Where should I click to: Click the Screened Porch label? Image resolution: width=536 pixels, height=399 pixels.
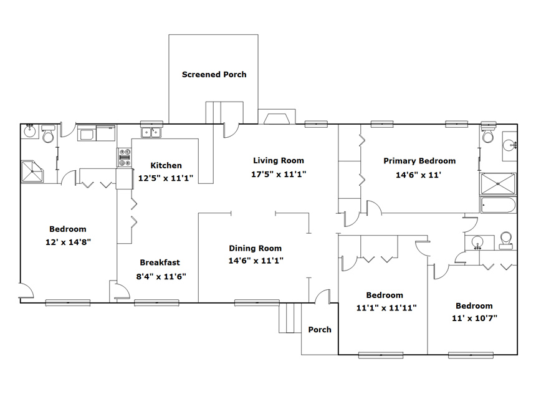(x=214, y=75)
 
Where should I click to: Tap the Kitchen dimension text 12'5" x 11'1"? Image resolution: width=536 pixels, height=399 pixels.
(x=166, y=178)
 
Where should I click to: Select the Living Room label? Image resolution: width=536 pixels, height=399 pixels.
(x=279, y=160)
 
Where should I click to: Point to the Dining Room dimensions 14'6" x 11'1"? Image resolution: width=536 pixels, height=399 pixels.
(x=256, y=261)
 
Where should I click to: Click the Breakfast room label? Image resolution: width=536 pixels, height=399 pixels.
(x=160, y=262)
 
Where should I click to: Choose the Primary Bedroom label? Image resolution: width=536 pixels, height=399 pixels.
(x=419, y=161)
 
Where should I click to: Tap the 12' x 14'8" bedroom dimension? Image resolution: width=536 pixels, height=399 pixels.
(x=69, y=242)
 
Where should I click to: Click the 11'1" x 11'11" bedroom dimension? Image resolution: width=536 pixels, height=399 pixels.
(x=386, y=308)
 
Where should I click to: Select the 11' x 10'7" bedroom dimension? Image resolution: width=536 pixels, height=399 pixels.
(x=474, y=319)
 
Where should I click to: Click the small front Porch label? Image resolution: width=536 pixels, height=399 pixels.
(x=320, y=330)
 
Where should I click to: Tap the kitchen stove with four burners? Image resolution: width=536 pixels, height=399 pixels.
(x=125, y=158)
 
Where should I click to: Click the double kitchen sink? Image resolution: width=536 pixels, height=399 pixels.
(x=151, y=132)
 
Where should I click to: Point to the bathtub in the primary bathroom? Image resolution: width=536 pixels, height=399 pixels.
(x=498, y=205)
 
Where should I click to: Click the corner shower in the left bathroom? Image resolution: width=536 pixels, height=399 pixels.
(x=32, y=171)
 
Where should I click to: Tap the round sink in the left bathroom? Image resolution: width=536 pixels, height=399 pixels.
(x=30, y=131)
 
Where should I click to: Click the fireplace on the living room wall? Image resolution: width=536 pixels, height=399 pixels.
(x=277, y=117)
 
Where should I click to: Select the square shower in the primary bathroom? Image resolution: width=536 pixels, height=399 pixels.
(x=498, y=185)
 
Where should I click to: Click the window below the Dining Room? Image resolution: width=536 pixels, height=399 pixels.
(x=257, y=302)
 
